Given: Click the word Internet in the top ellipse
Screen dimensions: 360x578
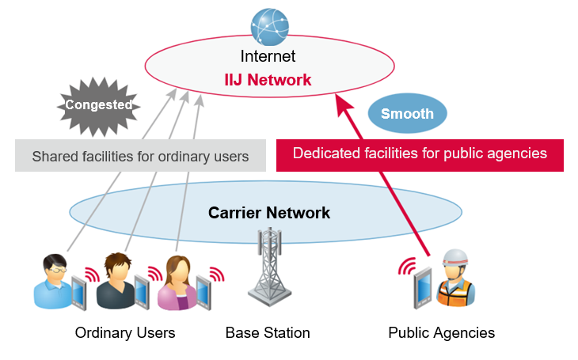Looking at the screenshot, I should click(x=268, y=57).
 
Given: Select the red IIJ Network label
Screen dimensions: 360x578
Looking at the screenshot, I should click(x=268, y=80).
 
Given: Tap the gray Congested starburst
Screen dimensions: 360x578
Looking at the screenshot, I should click(x=98, y=104).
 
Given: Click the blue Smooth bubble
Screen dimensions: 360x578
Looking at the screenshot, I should click(x=407, y=113).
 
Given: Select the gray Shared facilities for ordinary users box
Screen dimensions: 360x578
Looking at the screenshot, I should click(x=140, y=156).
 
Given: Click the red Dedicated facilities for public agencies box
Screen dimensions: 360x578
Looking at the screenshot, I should click(x=420, y=153).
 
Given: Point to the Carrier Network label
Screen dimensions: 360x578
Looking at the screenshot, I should click(x=268, y=213).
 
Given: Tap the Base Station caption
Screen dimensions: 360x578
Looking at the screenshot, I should click(x=268, y=332).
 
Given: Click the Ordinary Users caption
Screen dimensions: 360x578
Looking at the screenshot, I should click(x=125, y=332).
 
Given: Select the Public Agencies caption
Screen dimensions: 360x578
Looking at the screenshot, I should click(x=441, y=332).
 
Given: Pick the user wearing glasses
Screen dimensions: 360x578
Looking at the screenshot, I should click(x=52, y=283).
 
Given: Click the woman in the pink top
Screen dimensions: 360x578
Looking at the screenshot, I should click(x=177, y=285).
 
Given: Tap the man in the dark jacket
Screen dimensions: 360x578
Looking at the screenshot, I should click(x=115, y=283).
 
